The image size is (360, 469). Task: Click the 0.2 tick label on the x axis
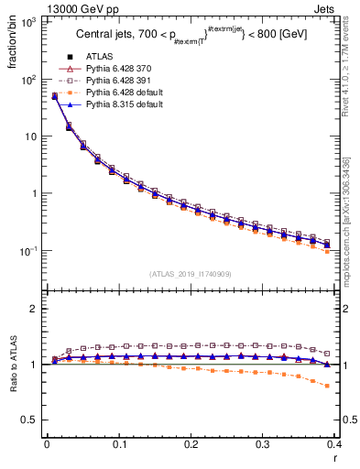tap(191, 444)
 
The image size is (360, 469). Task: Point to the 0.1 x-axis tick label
tap(119, 444)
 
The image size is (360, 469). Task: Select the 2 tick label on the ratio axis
tap(35, 309)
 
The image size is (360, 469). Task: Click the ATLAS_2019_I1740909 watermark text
tap(190, 274)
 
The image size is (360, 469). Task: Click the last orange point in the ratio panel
tap(327, 386)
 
